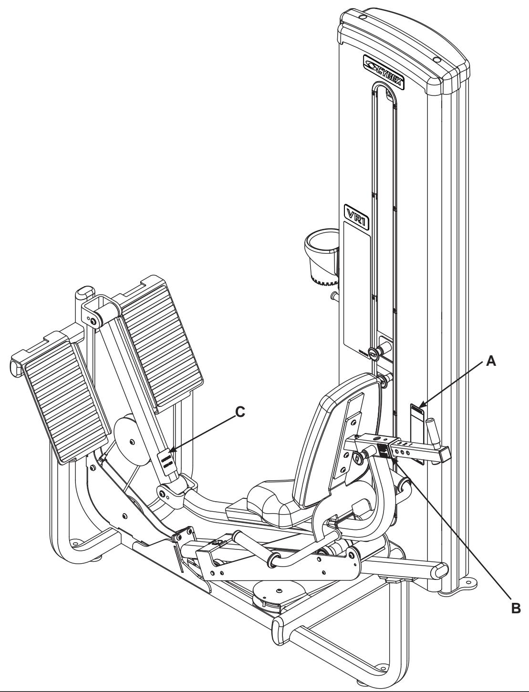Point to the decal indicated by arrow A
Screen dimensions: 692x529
pos(417,411)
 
